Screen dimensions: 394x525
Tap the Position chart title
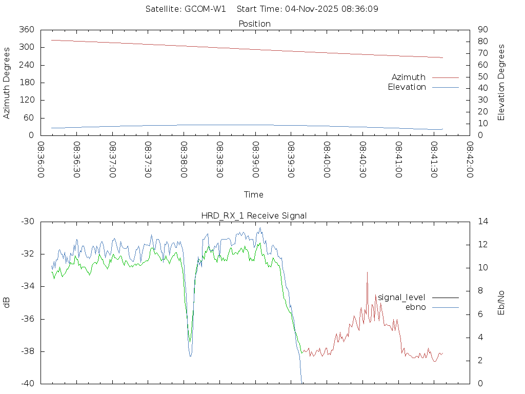[x=254, y=24]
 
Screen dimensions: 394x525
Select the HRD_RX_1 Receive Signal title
[x=254, y=215]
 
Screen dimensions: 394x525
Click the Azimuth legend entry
[x=409, y=77]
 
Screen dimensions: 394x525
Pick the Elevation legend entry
[x=407, y=87]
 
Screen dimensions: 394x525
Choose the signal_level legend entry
[x=401, y=298]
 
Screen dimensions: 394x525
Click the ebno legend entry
[x=415, y=307]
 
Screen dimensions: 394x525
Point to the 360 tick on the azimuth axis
[x=27, y=30]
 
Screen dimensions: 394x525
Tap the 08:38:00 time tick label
[x=184, y=160]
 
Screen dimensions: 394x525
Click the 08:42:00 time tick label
[x=469, y=160]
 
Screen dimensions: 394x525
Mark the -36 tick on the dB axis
[x=27, y=319]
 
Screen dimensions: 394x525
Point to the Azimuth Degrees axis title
[x=7, y=83]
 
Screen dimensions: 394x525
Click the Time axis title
[x=254, y=195]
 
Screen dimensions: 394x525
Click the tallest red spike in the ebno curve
[x=367, y=272]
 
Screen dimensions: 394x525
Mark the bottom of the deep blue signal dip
[x=190, y=356]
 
